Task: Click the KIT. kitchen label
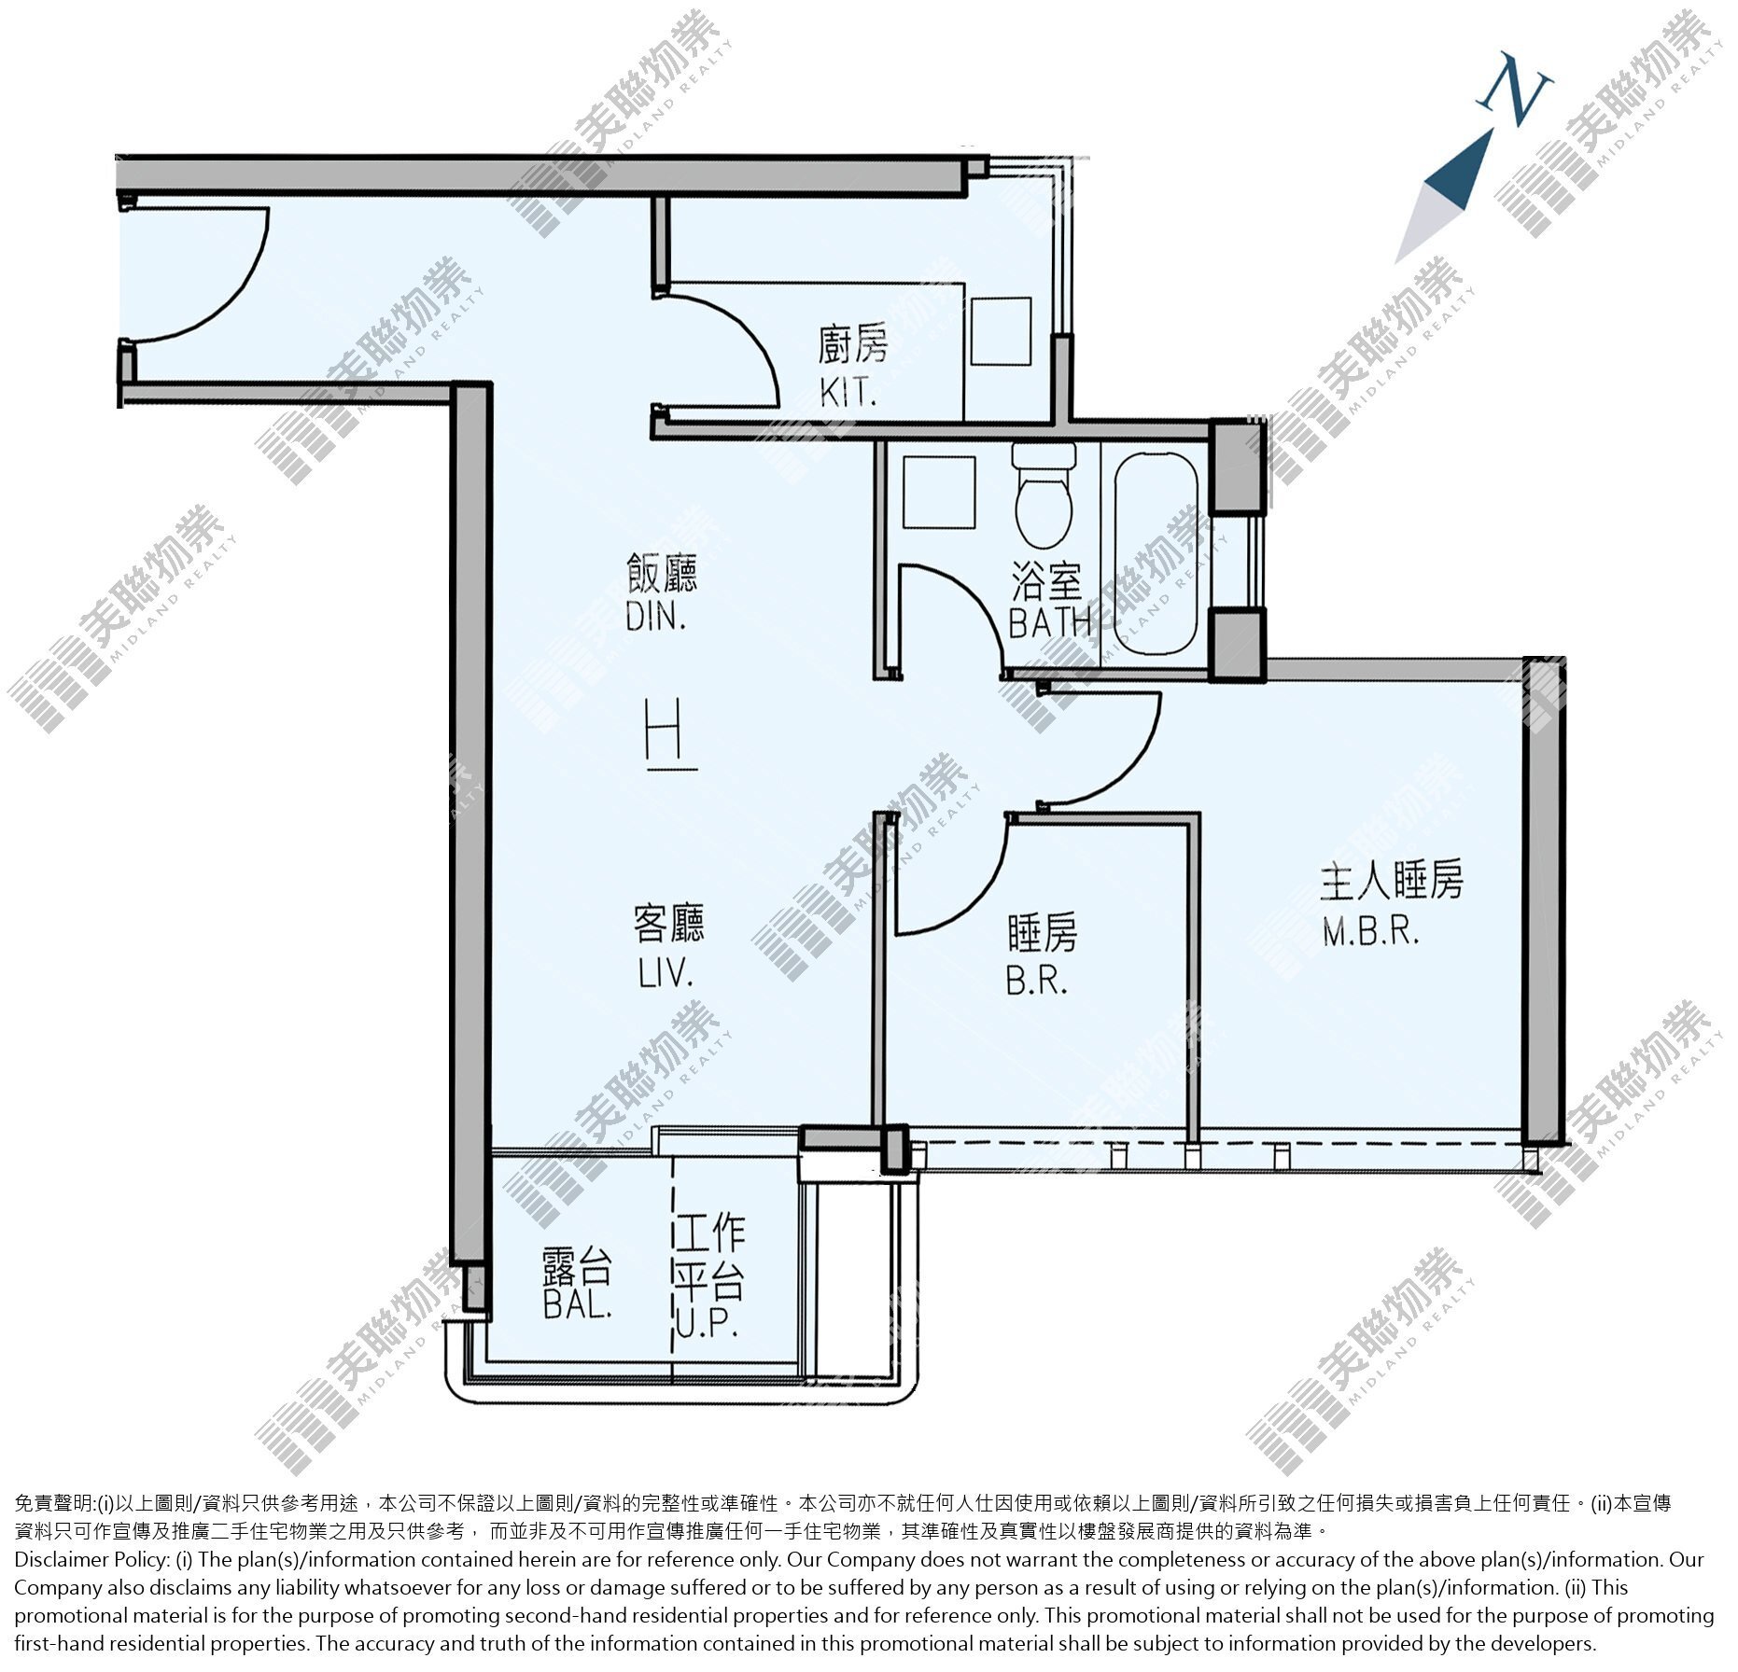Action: tap(848, 392)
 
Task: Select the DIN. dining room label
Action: tap(656, 617)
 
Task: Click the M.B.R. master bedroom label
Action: tap(1371, 930)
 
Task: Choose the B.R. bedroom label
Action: tap(1036, 980)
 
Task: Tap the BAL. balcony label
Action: tap(578, 1303)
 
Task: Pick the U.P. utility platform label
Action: tap(707, 1323)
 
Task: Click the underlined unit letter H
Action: tap(671, 736)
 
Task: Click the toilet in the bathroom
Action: tap(1044, 495)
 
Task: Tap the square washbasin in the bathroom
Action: tap(939, 492)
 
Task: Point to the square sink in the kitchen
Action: tap(1001, 331)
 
